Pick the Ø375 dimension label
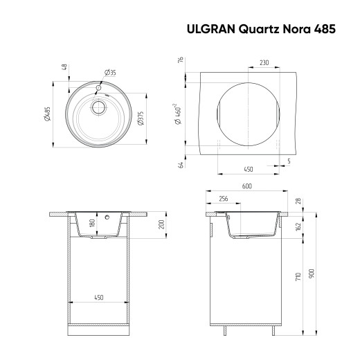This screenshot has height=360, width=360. click(x=141, y=118)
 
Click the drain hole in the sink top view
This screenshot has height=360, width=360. click(x=98, y=107)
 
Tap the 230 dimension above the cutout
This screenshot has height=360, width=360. click(x=264, y=62)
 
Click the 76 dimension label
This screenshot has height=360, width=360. click(x=179, y=61)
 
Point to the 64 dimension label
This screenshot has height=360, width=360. click(x=179, y=165)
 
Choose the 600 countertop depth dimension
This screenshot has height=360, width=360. click(x=246, y=186)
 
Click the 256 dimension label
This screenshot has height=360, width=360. click(x=222, y=198)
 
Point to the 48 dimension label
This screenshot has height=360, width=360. click(x=64, y=67)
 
